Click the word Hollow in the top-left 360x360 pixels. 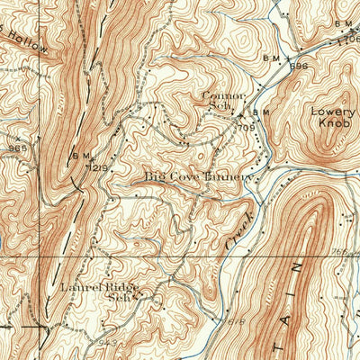[x=31, y=44]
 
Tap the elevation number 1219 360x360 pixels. [x=99, y=166]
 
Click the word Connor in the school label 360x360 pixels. [x=217, y=94]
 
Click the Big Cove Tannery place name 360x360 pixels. [x=199, y=177]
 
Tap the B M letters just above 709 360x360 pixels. [x=261, y=112]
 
